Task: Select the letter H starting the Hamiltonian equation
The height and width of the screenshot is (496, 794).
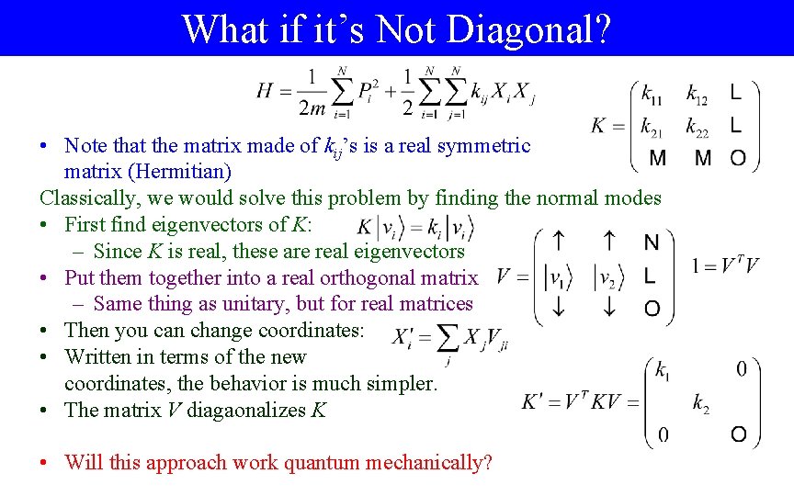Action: pos(266,90)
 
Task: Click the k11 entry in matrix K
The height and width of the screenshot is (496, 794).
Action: pos(652,93)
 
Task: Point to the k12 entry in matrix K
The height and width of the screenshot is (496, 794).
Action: pos(698,93)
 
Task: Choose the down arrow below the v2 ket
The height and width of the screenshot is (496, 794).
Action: pos(607,309)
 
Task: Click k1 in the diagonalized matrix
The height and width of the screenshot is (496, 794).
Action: pos(662,370)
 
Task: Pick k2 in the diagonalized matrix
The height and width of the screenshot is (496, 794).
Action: pos(700,401)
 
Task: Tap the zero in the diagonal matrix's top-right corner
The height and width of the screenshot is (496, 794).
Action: pos(742,369)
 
